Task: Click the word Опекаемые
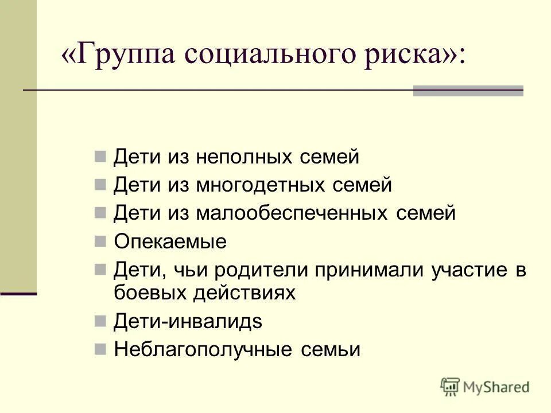tap(170, 241)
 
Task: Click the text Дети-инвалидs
tap(188, 321)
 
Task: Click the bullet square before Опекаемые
tap(100, 240)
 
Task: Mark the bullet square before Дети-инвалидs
tap(100, 320)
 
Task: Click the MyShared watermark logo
tap(485, 387)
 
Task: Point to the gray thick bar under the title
tap(468, 91)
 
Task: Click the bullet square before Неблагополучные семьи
tap(100, 348)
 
